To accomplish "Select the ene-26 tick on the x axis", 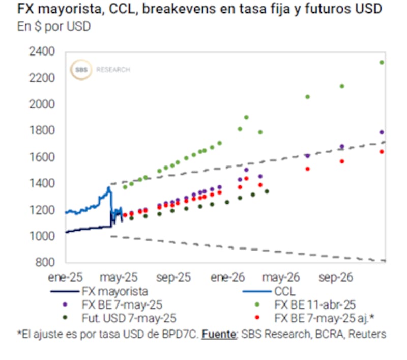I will click(x=228, y=278).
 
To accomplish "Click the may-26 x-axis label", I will click(x=279, y=278).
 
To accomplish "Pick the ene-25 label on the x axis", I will click(x=65, y=278).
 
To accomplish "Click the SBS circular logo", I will click(x=81, y=70).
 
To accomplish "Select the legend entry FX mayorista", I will click(x=114, y=292).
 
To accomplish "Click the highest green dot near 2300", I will click(x=381, y=62).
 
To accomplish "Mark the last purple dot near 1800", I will click(x=381, y=132).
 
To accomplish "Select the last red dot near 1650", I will click(x=381, y=152).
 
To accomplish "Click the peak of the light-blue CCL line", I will click(x=108, y=188).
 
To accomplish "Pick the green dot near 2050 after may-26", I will click(x=307, y=97).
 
